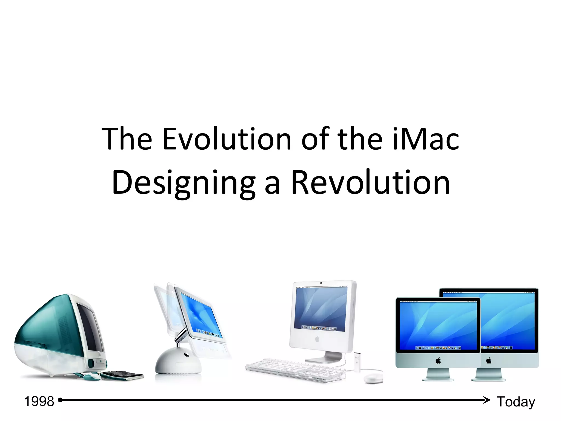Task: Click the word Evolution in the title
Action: (x=227, y=139)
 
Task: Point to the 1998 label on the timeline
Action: (x=39, y=401)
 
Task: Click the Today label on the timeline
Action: (x=516, y=402)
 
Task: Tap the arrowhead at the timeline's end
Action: (x=487, y=400)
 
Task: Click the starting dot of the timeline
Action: (x=60, y=400)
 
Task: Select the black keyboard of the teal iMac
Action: (x=123, y=375)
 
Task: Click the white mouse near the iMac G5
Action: (x=373, y=379)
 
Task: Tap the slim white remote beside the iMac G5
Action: (x=357, y=362)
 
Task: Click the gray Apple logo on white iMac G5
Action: (x=317, y=339)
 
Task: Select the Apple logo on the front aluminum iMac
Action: (x=438, y=360)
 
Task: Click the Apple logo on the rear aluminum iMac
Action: (x=489, y=360)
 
